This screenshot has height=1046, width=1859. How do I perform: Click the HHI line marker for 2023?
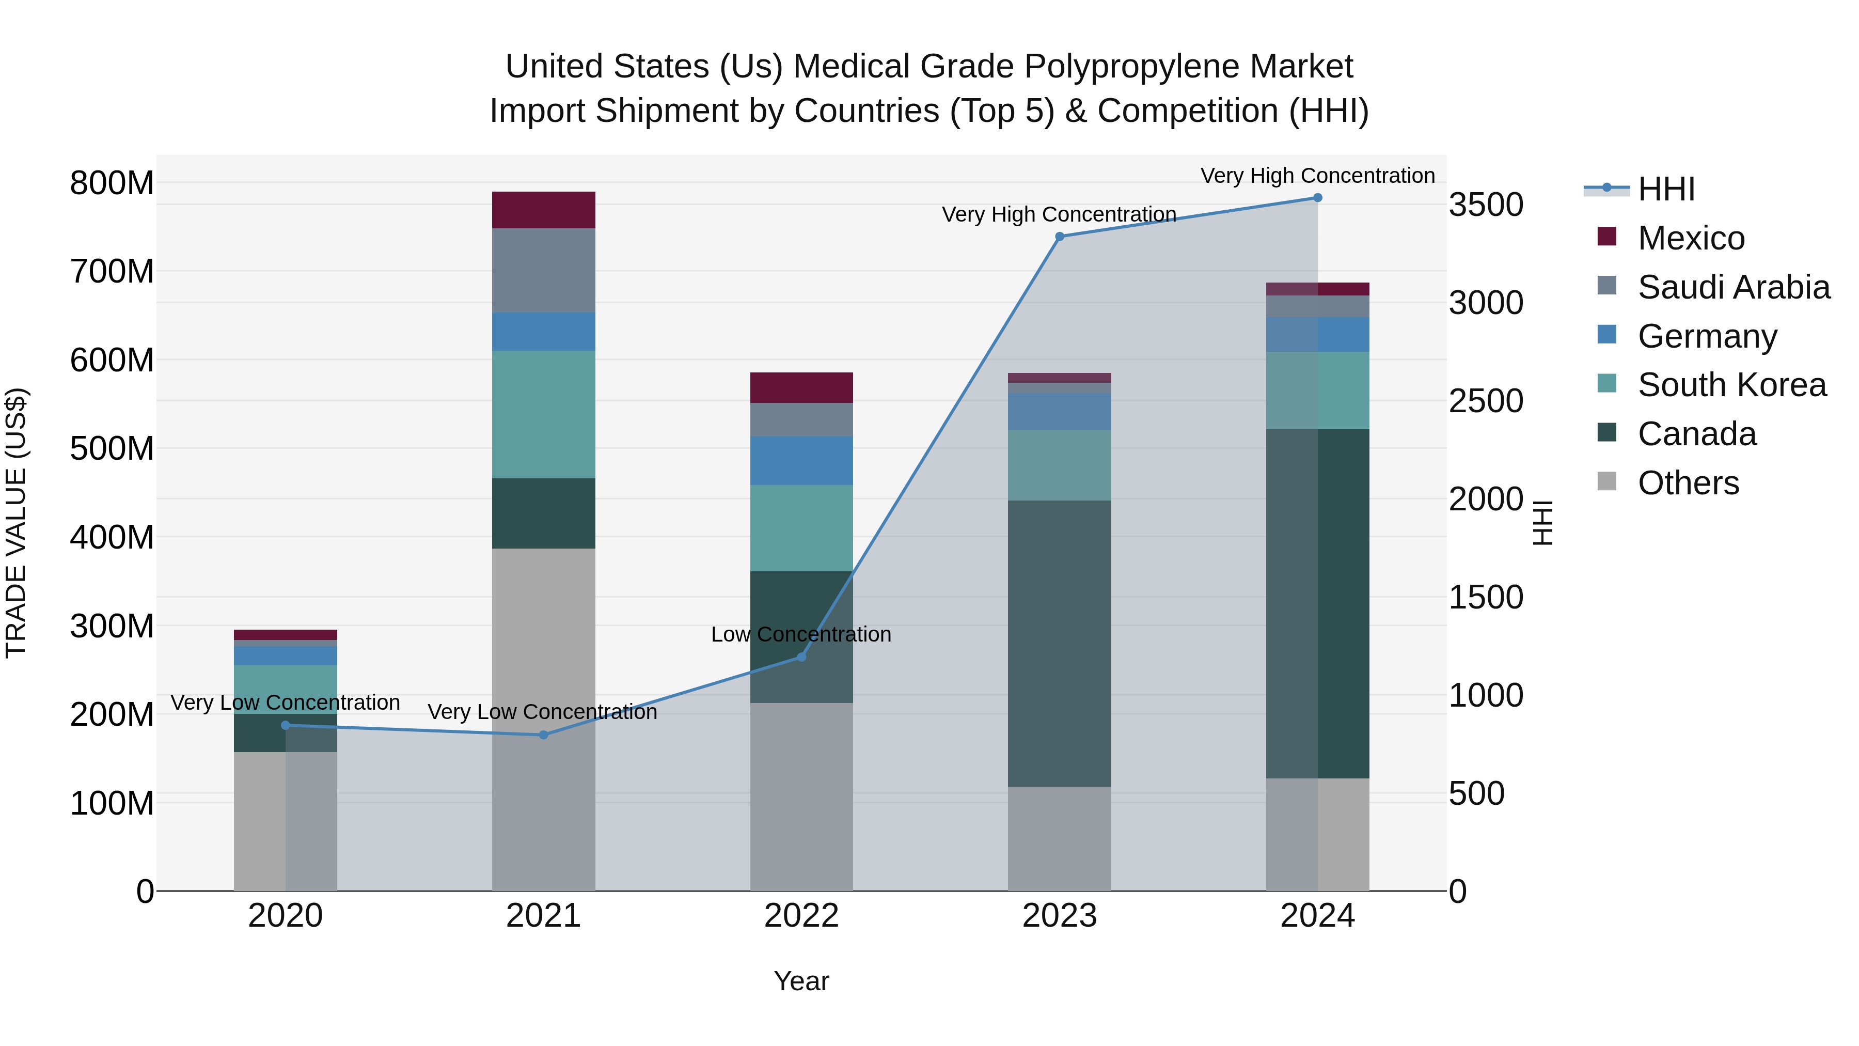[1060, 236]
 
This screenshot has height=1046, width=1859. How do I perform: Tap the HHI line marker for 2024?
[1317, 198]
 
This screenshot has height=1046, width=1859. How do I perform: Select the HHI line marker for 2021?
[543, 735]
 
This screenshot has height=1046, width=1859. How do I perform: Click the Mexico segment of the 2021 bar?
[543, 210]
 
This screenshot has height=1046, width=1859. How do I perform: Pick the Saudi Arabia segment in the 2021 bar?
[543, 270]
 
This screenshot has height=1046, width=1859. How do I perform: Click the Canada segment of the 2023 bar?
[1060, 643]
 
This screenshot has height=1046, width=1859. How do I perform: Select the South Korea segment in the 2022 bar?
[801, 528]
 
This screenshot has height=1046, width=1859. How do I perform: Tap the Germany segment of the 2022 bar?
[801, 461]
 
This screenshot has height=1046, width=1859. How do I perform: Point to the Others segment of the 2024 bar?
[1317, 834]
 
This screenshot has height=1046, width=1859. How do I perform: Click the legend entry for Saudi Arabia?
[1734, 287]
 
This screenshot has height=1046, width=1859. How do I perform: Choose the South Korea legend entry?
[1731, 385]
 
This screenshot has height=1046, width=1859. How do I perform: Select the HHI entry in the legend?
[1665, 189]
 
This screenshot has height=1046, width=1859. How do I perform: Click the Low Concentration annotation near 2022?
[801, 634]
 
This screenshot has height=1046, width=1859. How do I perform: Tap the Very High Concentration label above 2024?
[1317, 176]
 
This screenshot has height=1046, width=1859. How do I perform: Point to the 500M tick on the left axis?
[112, 448]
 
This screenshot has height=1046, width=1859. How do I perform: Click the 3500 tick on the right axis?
[1486, 205]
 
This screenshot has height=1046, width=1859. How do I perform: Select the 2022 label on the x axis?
[801, 916]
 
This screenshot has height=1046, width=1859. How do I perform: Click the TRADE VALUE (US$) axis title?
[16, 523]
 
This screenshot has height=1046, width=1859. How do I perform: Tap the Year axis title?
[801, 981]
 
